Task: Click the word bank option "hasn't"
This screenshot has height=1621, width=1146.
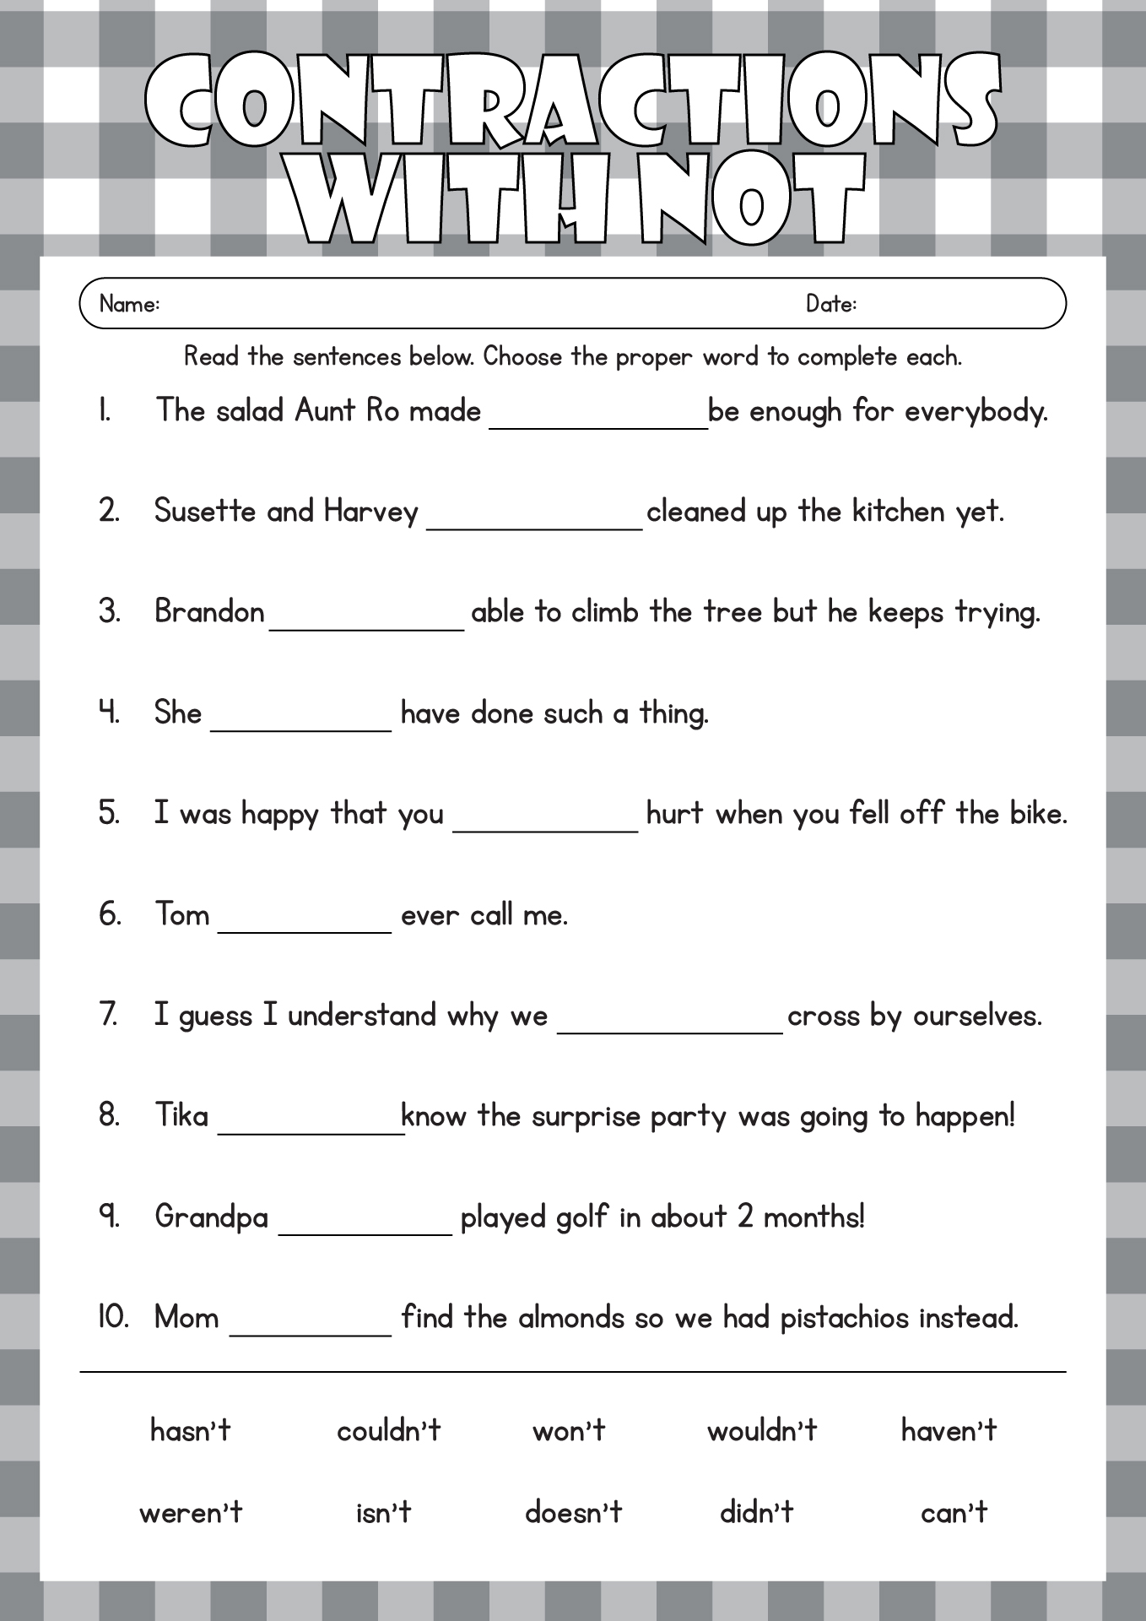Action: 190,1430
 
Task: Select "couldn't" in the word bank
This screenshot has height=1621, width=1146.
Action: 388,1430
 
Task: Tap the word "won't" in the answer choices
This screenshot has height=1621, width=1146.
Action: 569,1430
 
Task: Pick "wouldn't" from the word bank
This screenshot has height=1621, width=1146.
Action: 762,1430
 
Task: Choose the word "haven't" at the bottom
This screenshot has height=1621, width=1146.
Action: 949,1430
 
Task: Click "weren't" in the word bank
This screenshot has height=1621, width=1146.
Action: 191,1512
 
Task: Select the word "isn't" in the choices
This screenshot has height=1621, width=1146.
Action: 383,1512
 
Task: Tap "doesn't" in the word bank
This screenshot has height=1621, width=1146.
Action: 573,1512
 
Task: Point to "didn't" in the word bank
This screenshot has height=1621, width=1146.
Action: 756,1512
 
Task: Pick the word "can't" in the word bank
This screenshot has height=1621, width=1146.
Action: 954,1512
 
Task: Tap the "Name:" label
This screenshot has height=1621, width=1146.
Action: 129,304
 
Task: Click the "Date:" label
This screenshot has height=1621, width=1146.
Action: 831,304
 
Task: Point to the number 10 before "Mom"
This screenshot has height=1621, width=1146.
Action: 113,1317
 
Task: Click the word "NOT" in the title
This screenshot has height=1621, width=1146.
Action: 752,201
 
